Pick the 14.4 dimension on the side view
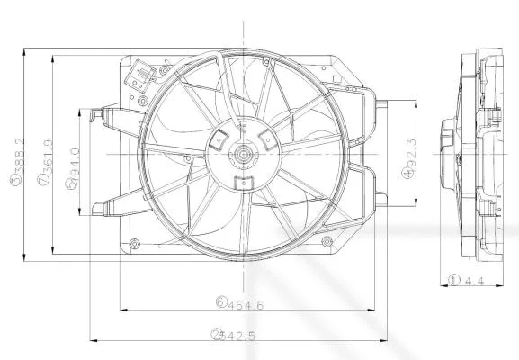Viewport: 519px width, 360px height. coord(471,281)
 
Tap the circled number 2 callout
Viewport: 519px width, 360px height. coord(216,335)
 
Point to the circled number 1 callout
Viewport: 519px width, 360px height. coord(455,281)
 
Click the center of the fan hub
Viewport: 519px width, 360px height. coord(244,154)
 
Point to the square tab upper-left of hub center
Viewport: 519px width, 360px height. coord(219,139)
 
